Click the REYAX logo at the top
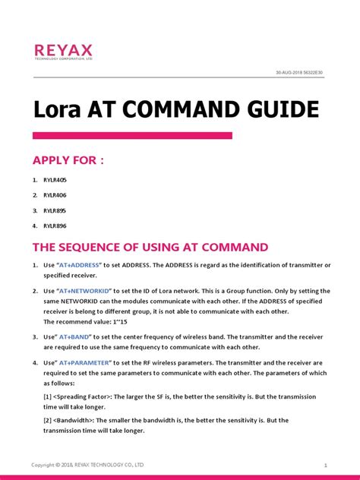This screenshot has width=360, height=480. click(x=63, y=51)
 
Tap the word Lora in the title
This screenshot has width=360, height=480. click(x=58, y=109)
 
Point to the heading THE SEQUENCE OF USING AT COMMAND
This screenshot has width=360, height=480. click(x=150, y=247)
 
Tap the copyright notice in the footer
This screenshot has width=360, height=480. click(x=87, y=464)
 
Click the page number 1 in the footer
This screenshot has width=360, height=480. click(x=325, y=464)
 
